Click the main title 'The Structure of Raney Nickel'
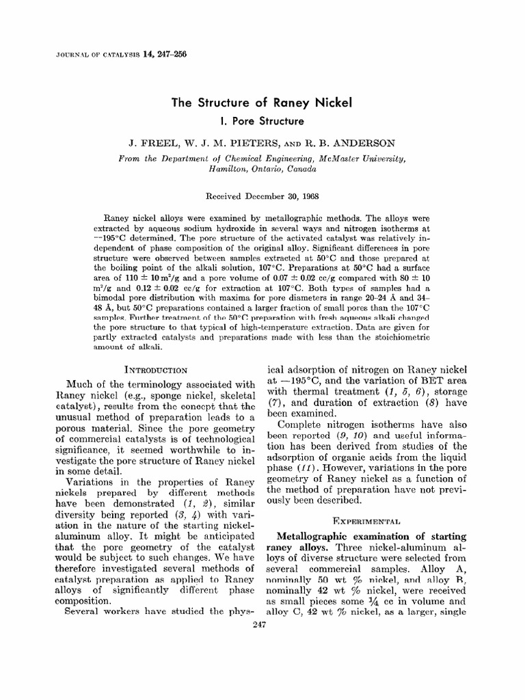(262, 103)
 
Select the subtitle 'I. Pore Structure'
(261, 122)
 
